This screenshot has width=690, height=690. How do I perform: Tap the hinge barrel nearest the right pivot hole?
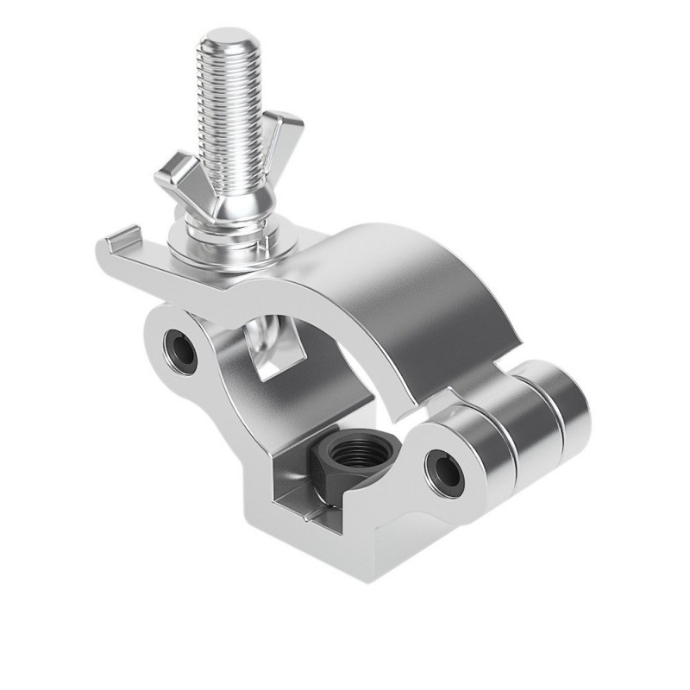[x=487, y=457]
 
